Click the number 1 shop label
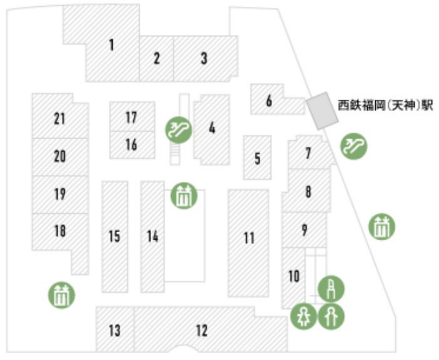tap(112, 45)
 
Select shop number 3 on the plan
tap(204, 58)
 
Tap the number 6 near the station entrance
tap(269, 100)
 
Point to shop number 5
tap(257, 159)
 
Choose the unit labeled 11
tap(249, 238)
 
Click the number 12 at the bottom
tap(202, 330)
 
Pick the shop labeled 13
tap(115, 330)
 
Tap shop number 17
tap(131, 118)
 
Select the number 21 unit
tap(59, 119)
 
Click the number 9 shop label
tap(304, 230)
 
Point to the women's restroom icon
tap(304, 317)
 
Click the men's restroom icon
tap(331, 317)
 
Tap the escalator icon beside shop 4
tap(178, 130)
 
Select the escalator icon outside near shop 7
tap(353, 146)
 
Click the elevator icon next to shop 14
tap(184, 196)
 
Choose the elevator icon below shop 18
tap(62, 295)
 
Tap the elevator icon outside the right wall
tap(381, 226)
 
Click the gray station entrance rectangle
tap(322, 111)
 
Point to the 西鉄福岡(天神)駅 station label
tap(385, 106)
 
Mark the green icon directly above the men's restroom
tap(331, 289)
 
